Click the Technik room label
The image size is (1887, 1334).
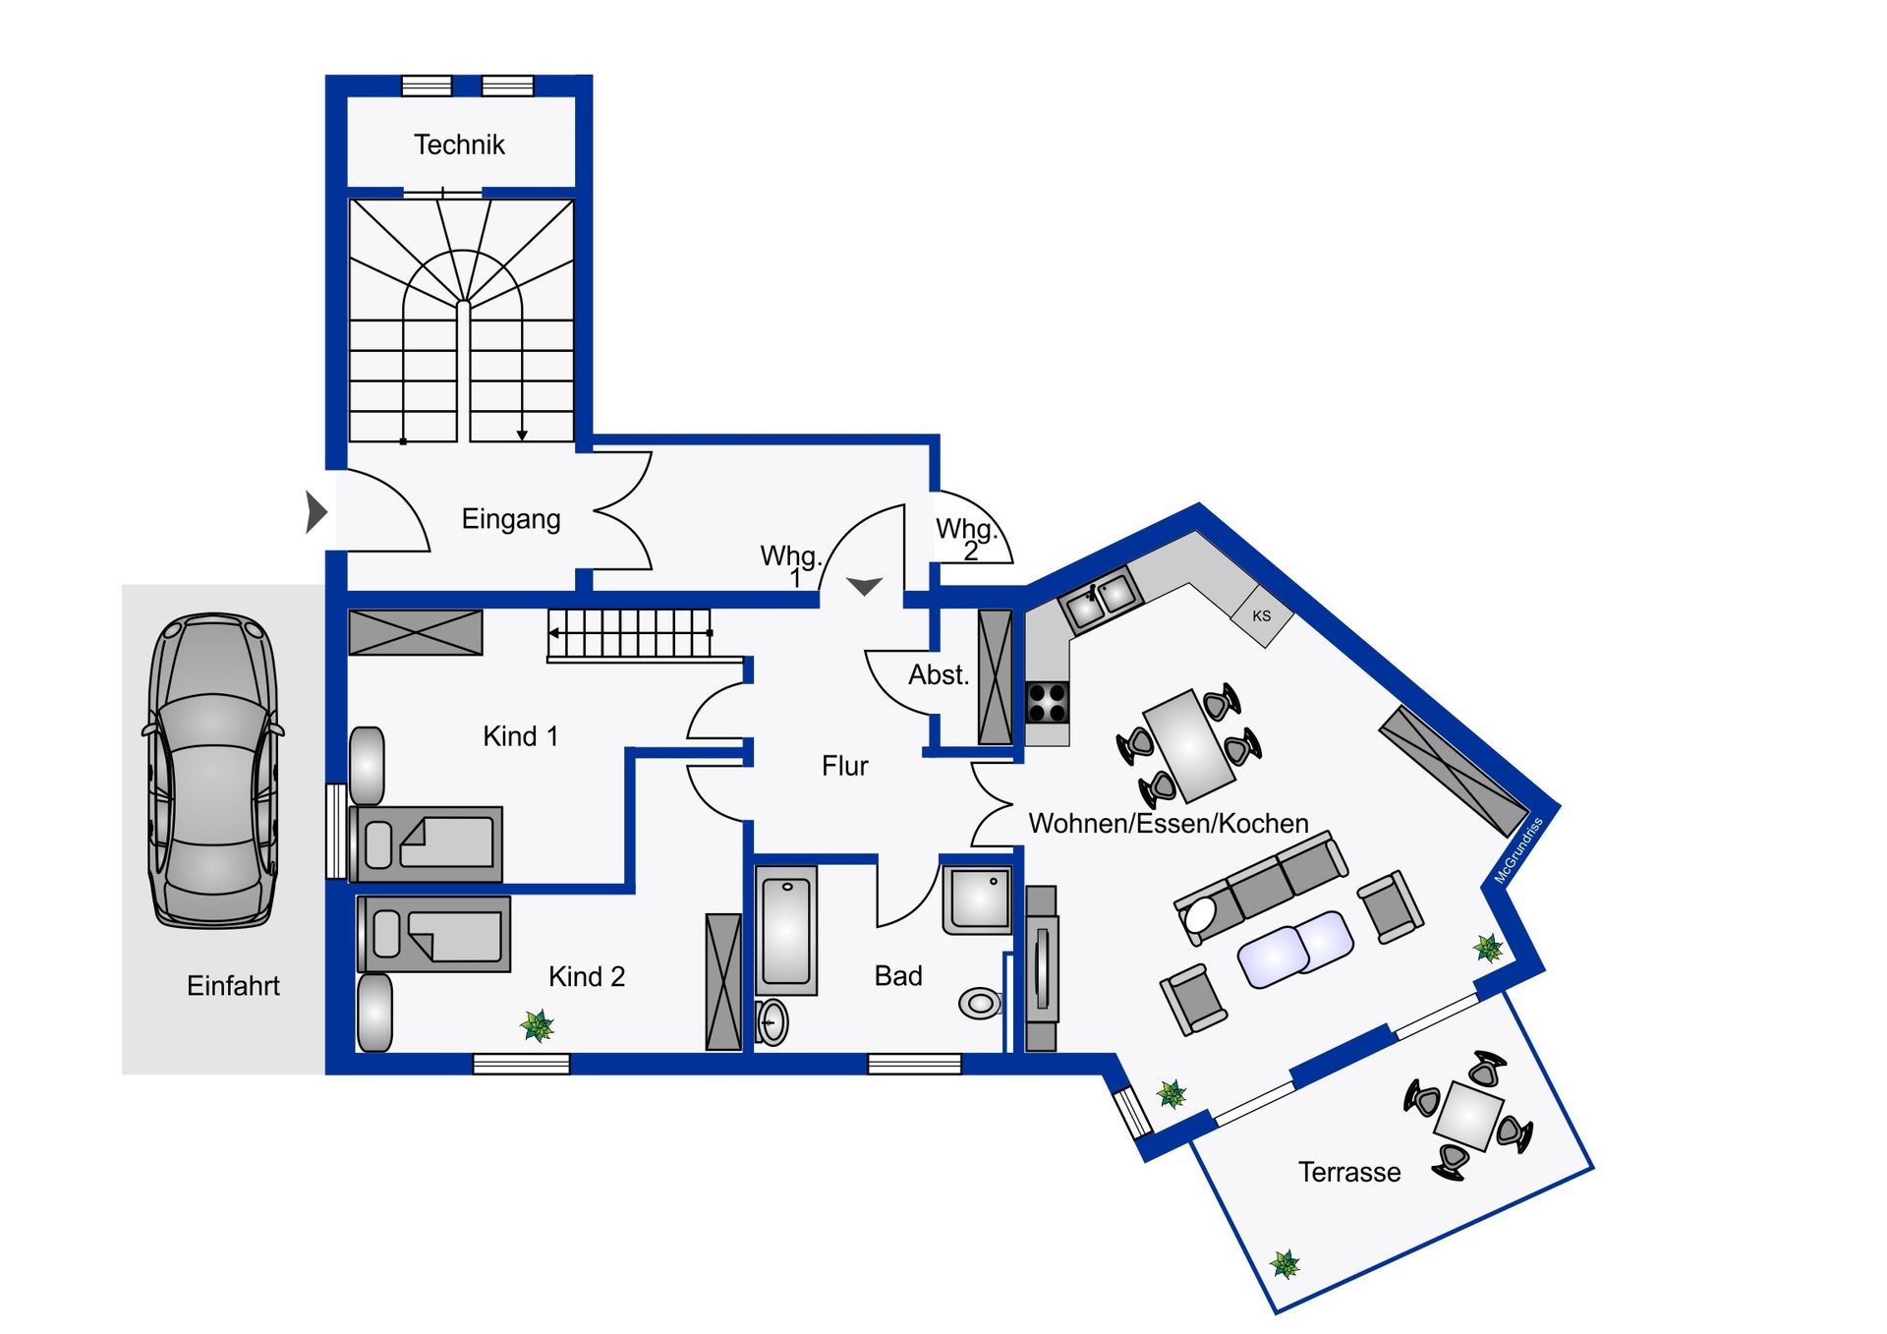[459, 145]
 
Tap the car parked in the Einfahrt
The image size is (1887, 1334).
[213, 771]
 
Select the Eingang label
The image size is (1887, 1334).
[511, 519]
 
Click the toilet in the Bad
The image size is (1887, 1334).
[980, 1003]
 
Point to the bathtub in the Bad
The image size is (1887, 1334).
[786, 931]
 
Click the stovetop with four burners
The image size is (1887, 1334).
[1047, 703]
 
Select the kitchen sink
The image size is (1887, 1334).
[1101, 599]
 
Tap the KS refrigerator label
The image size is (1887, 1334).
[1261, 616]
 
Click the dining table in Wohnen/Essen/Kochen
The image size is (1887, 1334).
[1189, 745]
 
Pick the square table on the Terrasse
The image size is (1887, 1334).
[1468, 1115]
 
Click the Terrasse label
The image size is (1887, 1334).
[1349, 1172]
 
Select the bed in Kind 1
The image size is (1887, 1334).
[427, 844]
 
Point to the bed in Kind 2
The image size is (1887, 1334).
[433, 934]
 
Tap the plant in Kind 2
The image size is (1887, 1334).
[538, 1025]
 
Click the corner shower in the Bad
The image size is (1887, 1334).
[977, 899]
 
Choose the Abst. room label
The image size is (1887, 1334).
[939, 675]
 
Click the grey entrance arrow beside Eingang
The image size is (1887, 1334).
[316, 511]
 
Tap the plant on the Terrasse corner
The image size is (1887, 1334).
[1285, 1263]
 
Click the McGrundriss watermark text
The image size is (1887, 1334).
[1518, 850]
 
